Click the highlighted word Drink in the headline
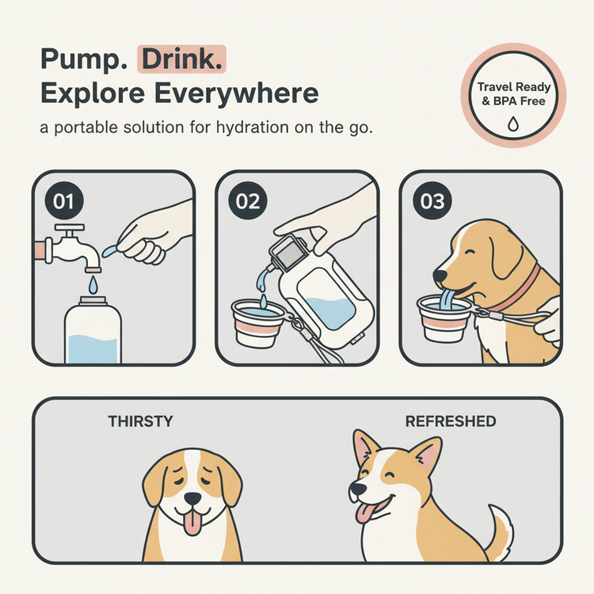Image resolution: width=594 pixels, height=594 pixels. (182, 59)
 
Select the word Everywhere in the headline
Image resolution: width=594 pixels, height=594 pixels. (236, 93)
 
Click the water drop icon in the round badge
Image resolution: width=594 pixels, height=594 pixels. (513, 124)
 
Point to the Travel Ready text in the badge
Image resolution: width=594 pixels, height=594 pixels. (514, 87)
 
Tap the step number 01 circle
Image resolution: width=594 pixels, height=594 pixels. (64, 201)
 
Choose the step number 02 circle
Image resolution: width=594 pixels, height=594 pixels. (248, 201)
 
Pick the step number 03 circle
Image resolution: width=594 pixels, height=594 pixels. (432, 201)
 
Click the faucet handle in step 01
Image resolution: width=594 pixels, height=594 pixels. (70, 228)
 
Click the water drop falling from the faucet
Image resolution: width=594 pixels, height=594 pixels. (93, 284)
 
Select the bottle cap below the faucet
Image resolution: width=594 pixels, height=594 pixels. (93, 301)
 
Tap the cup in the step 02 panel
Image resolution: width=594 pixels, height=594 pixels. (257, 323)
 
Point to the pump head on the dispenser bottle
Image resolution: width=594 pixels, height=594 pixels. (288, 253)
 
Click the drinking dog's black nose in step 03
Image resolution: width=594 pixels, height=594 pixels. (440, 276)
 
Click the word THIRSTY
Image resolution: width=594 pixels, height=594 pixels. (140, 421)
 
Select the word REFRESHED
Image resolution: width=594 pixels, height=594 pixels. (451, 421)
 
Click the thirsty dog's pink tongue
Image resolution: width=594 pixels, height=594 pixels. (192, 522)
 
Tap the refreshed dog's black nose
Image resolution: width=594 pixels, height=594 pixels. (357, 489)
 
